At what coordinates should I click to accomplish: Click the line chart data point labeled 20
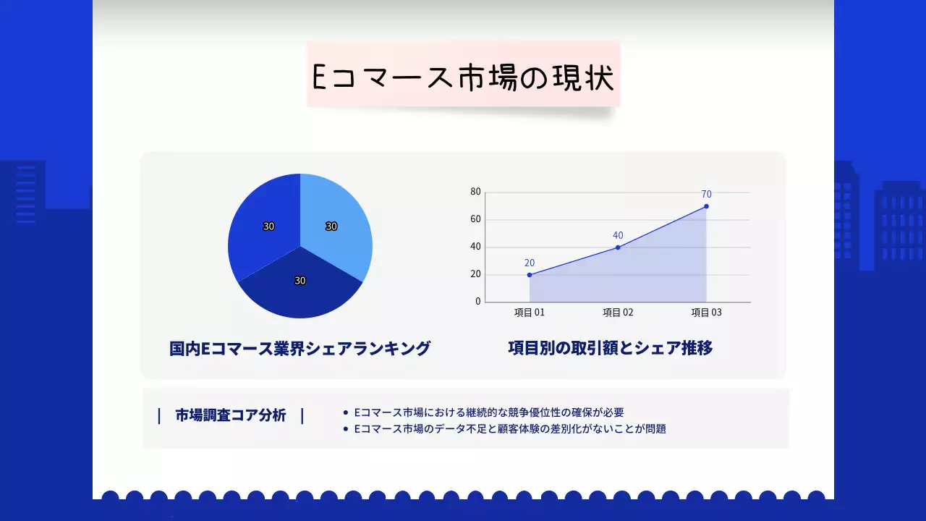pos(530,275)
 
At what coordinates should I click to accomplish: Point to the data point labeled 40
pos(618,247)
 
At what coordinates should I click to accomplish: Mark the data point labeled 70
pos(706,206)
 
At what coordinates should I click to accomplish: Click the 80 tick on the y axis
pos(475,192)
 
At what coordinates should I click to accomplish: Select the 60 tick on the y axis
pos(475,219)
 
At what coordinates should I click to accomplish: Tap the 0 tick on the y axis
pos(477,302)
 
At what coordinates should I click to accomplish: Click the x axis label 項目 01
pos(530,313)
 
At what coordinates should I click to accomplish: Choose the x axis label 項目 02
pos(618,313)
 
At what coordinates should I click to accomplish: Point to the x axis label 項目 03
pos(706,313)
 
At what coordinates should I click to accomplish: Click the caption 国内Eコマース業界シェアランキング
pos(300,349)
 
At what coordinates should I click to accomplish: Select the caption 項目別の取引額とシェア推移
pos(610,348)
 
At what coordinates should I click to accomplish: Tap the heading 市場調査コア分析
pos(231,415)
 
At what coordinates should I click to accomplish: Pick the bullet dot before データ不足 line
pos(346,429)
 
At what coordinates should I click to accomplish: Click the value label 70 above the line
pos(706,194)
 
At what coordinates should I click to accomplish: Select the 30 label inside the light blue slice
pos(331,226)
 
